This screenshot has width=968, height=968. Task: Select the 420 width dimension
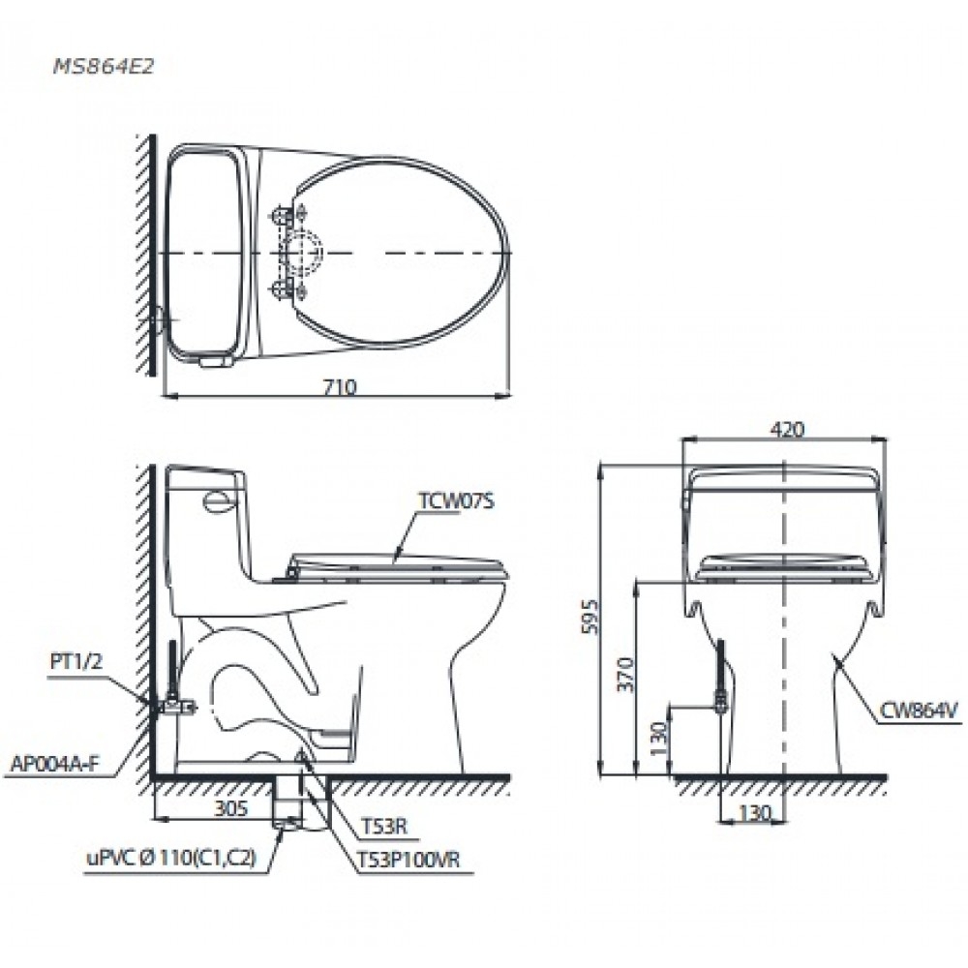pos(788,430)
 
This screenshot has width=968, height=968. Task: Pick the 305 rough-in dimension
pos(230,805)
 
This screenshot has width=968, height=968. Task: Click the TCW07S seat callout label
pos(450,501)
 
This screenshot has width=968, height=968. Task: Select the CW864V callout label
pos(918,711)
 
